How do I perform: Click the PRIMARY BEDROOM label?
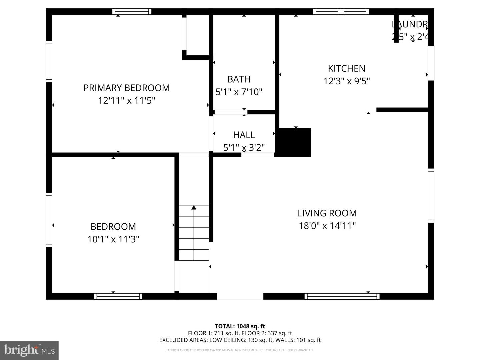tap(126, 88)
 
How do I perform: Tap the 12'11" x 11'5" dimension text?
tap(126, 100)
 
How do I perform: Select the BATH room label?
tap(239, 79)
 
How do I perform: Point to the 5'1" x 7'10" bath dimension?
tap(239, 92)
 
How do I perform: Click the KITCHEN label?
tap(346, 68)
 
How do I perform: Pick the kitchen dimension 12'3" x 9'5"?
tap(346, 81)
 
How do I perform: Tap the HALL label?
tap(244, 135)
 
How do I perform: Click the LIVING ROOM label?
tap(327, 213)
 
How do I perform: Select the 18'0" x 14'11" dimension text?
tap(327, 226)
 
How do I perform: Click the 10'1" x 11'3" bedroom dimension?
tap(113, 239)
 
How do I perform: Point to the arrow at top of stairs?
tap(194, 208)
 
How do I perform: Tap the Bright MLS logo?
tap(29, 350)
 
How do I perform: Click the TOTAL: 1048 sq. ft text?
tap(240, 326)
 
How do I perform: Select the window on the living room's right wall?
tap(431, 195)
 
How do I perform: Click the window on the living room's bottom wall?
tap(342, 296)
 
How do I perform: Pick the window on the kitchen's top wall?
tap(341, 12)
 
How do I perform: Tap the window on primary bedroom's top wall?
tap(131, 12)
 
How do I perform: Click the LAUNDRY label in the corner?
tap(410, 24)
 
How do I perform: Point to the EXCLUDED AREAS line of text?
tap(240, 340)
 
